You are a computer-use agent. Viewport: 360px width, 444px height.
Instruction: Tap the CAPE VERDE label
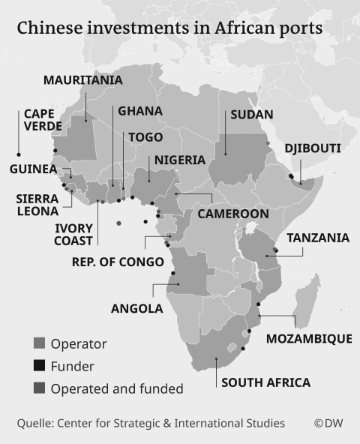point(43,120)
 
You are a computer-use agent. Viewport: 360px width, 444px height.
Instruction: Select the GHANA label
point(139,111)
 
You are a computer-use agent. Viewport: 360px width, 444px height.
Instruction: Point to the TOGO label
point(145,137)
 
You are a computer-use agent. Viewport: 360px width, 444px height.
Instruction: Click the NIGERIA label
point(179,160)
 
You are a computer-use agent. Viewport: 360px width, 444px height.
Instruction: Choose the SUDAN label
point(251,115)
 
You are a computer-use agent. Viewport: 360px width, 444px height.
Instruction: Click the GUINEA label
point(34,169)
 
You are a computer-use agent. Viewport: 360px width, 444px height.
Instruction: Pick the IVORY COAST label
point(74,234)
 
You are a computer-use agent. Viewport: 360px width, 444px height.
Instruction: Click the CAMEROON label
point(232,214)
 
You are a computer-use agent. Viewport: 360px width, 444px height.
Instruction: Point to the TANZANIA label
point(318,238)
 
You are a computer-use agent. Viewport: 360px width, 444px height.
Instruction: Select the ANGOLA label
point(136,308)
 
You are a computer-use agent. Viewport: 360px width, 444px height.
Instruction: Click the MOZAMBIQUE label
point(309,339)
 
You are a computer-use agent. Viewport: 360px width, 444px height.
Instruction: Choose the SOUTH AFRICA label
point(265,382)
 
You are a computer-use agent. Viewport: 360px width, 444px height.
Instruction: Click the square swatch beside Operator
point(40,344)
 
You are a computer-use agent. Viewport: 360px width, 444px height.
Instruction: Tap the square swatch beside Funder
point(40,367)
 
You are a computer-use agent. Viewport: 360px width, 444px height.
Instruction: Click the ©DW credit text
point(328,424)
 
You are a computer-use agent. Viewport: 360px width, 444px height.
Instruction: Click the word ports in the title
point(298,28)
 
